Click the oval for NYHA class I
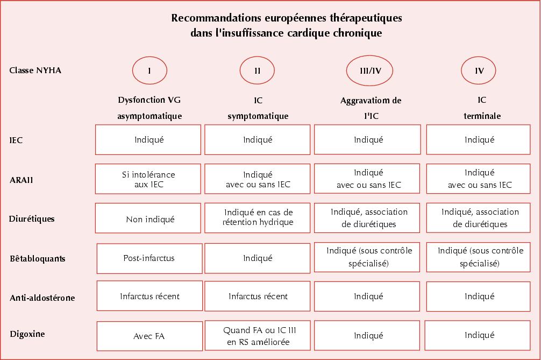(150, 70)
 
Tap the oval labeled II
(258, 70)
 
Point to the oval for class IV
(479, 70)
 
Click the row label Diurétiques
(32, 219)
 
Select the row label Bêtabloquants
(38, 258)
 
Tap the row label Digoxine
(27, 334)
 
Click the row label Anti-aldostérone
(42, 298)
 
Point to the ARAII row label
(22, 180)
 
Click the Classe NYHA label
(35, 70)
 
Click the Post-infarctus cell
(150, 258)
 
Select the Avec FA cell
(148, 336)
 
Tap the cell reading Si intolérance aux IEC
(148, 179)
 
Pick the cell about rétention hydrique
(258, 217)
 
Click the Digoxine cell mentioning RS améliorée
(258, 336)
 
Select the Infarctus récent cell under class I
(150, 296)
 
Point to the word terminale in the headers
(482, 116)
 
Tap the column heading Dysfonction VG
(150, 101)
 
